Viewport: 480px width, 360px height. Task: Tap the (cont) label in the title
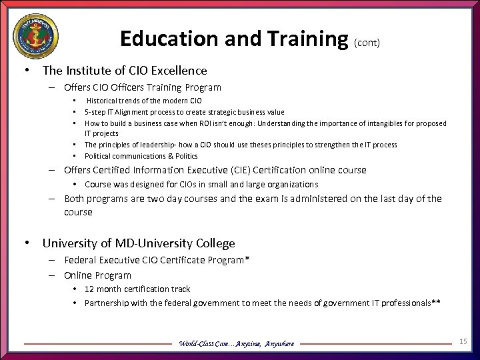tap(367, 42)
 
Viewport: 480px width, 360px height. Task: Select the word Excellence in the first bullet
tap(175, 70)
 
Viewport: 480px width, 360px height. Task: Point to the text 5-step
tap(95, 112)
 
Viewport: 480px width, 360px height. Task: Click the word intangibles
tap(372, 123)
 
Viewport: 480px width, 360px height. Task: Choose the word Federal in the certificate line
tap(81, 260)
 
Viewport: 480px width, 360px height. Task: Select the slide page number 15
tap(463, 341)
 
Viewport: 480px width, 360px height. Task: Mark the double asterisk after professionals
tap(436, 303)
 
